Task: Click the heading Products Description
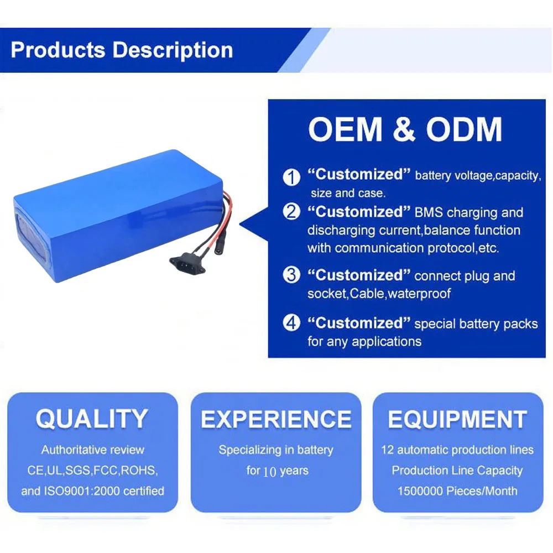click(122, 50)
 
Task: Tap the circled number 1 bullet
click(291, 177)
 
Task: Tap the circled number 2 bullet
click(291, 212)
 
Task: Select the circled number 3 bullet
click(291, 275)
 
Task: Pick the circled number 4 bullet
click(291, 323)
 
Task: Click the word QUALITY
click(92, 419)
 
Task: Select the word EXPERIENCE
click(276, 419)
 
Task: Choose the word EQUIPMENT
click(457, 419)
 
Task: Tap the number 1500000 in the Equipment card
click(422, 491)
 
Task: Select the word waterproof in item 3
click(419, 294)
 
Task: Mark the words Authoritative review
click(92, 450)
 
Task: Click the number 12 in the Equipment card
click(387, 450)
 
